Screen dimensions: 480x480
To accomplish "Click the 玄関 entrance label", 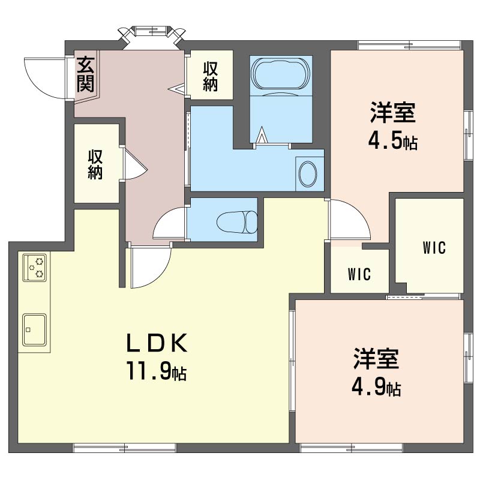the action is pos(85,74).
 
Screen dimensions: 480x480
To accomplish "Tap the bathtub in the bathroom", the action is pos(280,73).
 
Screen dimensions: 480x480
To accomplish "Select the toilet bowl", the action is pos(237,221).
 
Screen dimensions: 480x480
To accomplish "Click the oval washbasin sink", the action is pos(308,174).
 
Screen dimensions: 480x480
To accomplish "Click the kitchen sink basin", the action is pos(34,329).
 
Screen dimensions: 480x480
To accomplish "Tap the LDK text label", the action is pos(157,343).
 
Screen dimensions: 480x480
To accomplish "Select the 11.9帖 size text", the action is pos(157,370).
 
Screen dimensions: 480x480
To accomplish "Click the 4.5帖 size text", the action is pos(393,141).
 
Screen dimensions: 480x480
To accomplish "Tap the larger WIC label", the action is pos(434,248).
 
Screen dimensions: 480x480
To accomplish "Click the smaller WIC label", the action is pos(359,274).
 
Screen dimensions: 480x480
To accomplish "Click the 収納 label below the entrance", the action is pos(95,164).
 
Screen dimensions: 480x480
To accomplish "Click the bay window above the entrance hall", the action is pos(152,34).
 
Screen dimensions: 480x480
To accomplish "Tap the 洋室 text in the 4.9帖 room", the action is pos(376,358).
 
